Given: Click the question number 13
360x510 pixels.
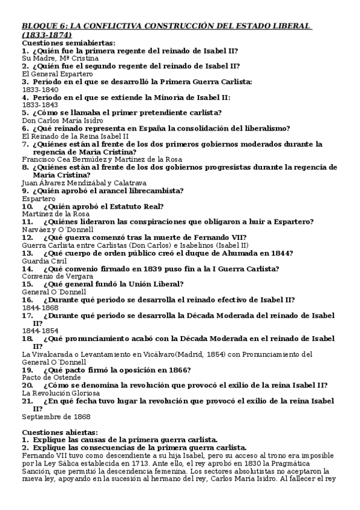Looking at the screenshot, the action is (x=27, y=253).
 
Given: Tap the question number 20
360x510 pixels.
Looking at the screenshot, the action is (x=27, y=385).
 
